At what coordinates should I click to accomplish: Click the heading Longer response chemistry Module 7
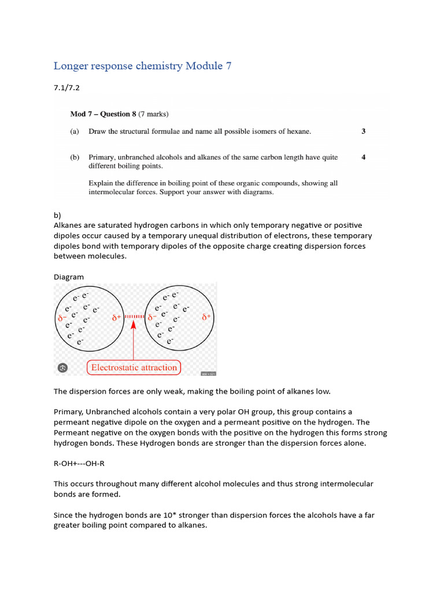(x=142, y=66)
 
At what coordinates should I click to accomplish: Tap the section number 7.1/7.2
(x=66, y=88)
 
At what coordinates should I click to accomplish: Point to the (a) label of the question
(x=75, y=131)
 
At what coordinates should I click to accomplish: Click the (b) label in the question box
(x=75, y=157)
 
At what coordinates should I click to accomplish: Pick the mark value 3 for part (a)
(x=363, y=131)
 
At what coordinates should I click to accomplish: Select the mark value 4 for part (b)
(x=363, y=157)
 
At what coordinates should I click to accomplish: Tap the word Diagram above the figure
(x=69, y=277)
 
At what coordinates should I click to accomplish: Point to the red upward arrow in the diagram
(x=134, y=341)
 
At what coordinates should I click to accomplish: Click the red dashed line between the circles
(x=134, y=317)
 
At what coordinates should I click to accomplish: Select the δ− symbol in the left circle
(x=62, y=318)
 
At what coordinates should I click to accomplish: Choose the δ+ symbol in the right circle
(x=206, y=317)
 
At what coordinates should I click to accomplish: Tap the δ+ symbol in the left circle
(x=116, y=317)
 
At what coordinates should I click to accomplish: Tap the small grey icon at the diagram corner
(x=63, y=368)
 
